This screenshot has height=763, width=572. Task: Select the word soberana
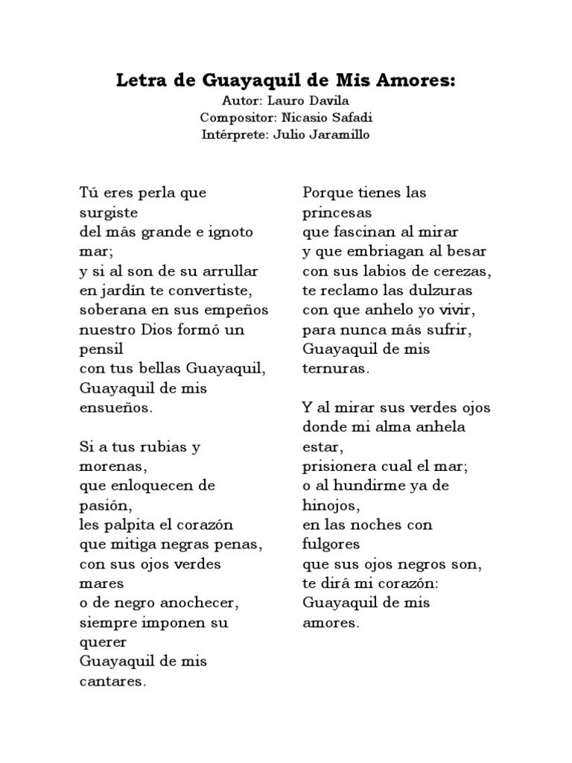pyautogui.click(x=110, y=309)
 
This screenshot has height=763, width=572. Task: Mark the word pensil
pyautogui.click(x=101, y=349)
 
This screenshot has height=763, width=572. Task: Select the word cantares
pyautogui.click(x=112, y=680)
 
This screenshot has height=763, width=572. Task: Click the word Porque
pyautogui.click(x=328, y=192)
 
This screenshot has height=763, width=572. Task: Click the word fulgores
pyautogui.click(x=331, y=544)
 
